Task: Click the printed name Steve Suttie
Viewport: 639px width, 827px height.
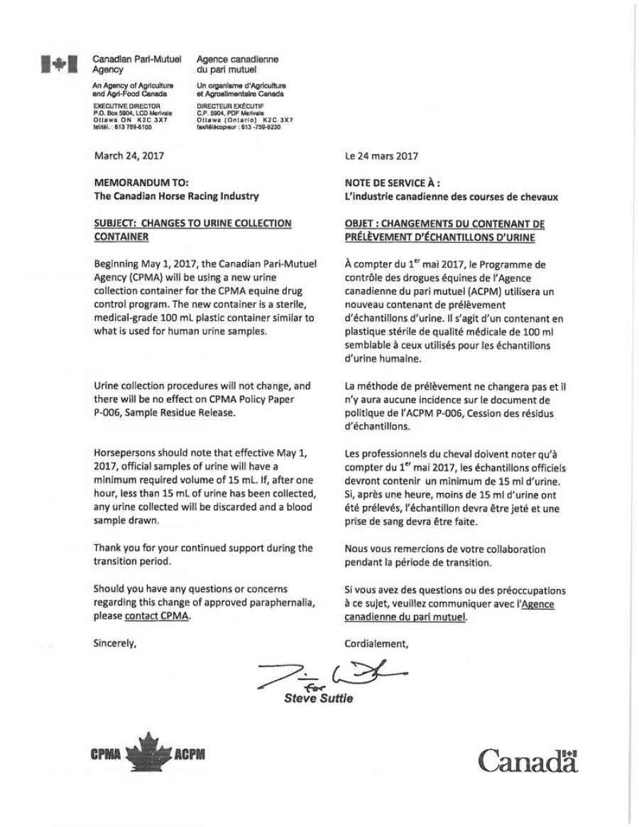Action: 318,698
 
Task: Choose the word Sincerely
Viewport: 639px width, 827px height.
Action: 114,644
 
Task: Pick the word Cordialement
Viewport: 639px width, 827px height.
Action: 376,644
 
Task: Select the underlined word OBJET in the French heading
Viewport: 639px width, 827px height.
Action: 360,223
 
